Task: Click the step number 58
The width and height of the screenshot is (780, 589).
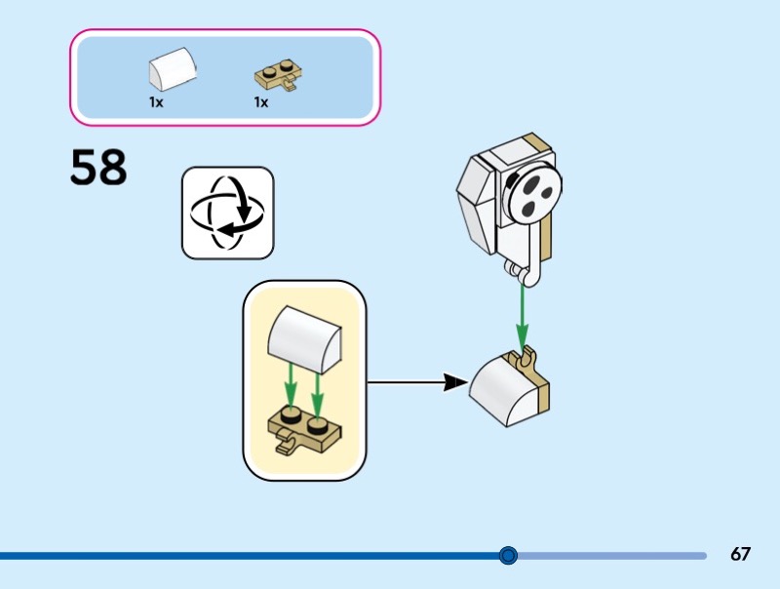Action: (98, 168)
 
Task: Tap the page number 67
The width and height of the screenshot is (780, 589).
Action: (740, 555)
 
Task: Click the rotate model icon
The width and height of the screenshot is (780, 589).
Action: (227, 213)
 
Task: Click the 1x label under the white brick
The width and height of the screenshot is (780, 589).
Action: (156, 101)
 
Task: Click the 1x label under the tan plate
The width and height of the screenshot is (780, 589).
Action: (260, 101)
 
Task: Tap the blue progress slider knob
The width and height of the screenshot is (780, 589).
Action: (507, 556)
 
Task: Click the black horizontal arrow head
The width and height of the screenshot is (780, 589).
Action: (453, 382)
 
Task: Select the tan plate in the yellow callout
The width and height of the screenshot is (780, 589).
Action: (303, 428)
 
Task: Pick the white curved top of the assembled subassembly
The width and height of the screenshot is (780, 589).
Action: (503, 388)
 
